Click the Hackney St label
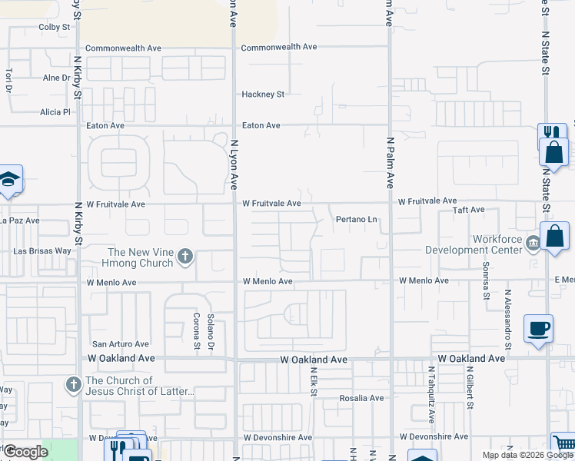[263, 95]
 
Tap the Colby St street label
[55, 27]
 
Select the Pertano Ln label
[356, 220]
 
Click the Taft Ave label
[468, 209]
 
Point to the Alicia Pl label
[55, 112]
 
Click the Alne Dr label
[56, 78]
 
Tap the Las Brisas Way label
[42, 250]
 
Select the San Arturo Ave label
[121, 344]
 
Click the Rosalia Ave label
[361, 399]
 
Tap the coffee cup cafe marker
[538, 328]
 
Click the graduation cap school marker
[9, 180]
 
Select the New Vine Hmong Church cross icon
[184, 257]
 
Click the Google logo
[25, 452]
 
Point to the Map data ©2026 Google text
[527, 455]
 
